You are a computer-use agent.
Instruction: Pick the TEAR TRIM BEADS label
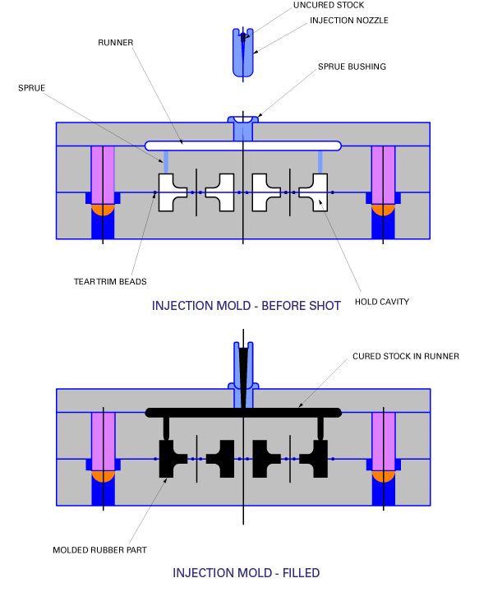point(110,281)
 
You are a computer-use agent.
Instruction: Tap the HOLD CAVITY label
point(381,302)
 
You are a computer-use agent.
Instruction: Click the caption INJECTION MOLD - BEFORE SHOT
point(246,306)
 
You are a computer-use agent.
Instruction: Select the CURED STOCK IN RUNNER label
point(405,356)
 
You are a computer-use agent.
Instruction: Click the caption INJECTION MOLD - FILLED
point(246,572)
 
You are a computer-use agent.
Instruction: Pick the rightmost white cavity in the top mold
point(316,192)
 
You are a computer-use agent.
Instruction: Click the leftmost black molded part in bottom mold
point(172,458)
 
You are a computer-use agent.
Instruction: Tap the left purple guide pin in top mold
point(102,174)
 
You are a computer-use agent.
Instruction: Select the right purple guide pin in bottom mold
point(384,441)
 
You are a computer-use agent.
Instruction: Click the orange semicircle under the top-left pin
point(102,210)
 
